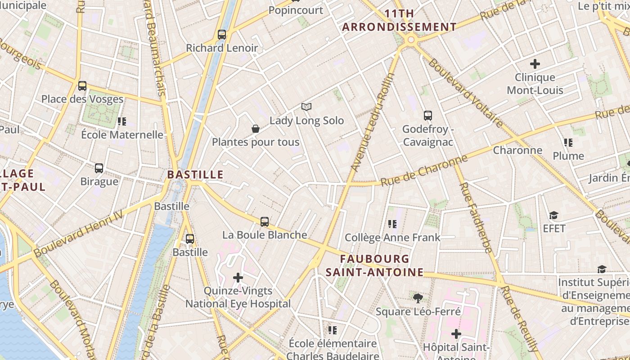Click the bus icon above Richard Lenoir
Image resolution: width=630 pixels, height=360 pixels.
click(222, 34)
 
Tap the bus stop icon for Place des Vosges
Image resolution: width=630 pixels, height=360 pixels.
click(82, 85)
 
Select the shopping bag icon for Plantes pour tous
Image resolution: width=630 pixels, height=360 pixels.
click(256, 129)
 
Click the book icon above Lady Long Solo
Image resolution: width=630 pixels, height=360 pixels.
click(306, 107)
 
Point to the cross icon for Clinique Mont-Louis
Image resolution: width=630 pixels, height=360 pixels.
click(535, 64)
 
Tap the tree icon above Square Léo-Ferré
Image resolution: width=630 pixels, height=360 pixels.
click(418, 297)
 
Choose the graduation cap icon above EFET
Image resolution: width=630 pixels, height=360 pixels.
click(553, 215)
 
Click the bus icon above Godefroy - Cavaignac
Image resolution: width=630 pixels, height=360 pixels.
click(427, 115)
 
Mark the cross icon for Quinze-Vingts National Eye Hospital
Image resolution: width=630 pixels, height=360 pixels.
click(238, 277)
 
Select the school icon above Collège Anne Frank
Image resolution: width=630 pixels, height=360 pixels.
click(392, 224)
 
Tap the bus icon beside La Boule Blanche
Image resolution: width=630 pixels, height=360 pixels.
click(265, 221)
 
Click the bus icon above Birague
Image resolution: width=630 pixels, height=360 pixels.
click(99, 168)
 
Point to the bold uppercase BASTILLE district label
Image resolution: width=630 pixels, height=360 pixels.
click(195, 175)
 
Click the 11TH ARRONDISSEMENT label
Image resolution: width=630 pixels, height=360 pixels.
click(399, 20)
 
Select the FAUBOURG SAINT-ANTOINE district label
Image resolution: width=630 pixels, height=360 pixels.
click(375, 265)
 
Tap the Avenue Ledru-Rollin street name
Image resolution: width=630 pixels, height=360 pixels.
click(372, 122)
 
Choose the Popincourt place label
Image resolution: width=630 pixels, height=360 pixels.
click(296, 10)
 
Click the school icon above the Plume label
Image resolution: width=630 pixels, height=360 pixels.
click(568, 143)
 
